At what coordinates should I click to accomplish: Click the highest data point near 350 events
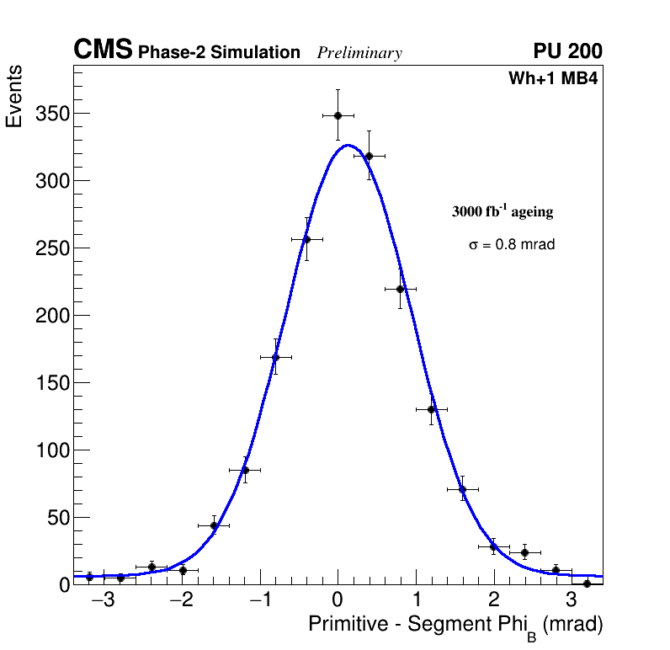(x=338, y=115)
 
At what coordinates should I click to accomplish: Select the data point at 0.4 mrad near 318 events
(x=369, y=156)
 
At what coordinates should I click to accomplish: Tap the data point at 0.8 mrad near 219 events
(x=400, y=289)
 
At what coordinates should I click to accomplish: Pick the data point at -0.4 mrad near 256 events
(x=306, y=239)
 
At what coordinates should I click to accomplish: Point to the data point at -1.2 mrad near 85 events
(x=245, y=470)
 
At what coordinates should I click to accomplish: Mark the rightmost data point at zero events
(x=587, y=583)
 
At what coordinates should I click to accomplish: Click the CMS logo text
(x=103, y=51)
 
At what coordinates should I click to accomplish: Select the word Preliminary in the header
(x=359, y=53)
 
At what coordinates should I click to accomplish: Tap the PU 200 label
(x=567, y=51)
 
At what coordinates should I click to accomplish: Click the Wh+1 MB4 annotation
(x=552, y=79)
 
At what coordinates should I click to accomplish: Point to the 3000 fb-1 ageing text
(x=502, y=211)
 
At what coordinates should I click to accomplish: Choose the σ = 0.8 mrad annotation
(x=512, y=245)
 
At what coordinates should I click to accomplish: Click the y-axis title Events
(x=14, y=97)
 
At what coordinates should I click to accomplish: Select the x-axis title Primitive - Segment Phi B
(x=455, y=626)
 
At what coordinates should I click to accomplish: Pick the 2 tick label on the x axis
(x=493, y=600)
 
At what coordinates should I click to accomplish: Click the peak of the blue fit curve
(x=348, y=145)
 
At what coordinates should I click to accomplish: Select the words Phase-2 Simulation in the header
(x=219, y=53)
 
